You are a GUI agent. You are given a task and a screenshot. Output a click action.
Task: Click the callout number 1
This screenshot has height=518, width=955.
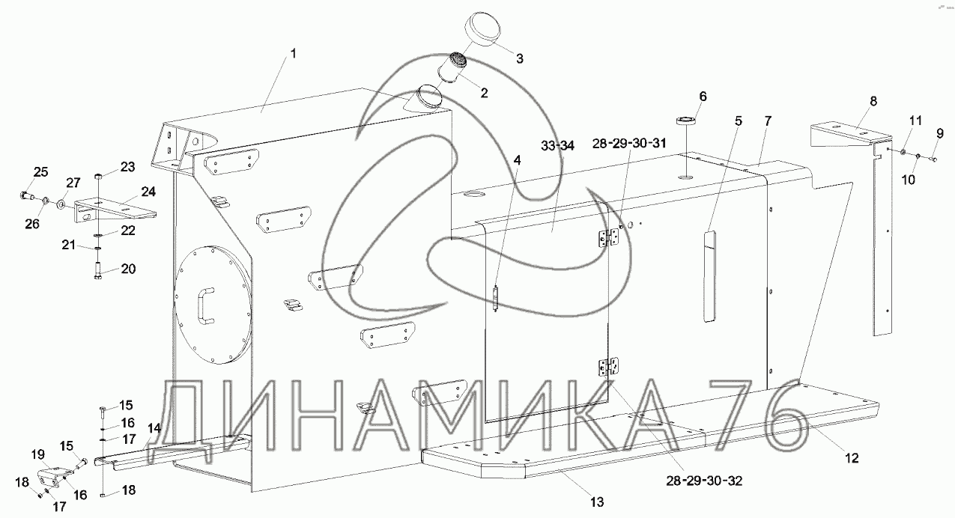(294, 54)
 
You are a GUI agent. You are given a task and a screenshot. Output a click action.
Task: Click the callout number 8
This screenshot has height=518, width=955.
(873, 101)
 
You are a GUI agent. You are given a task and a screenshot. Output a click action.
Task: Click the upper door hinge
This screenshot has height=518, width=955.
(608, 238)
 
